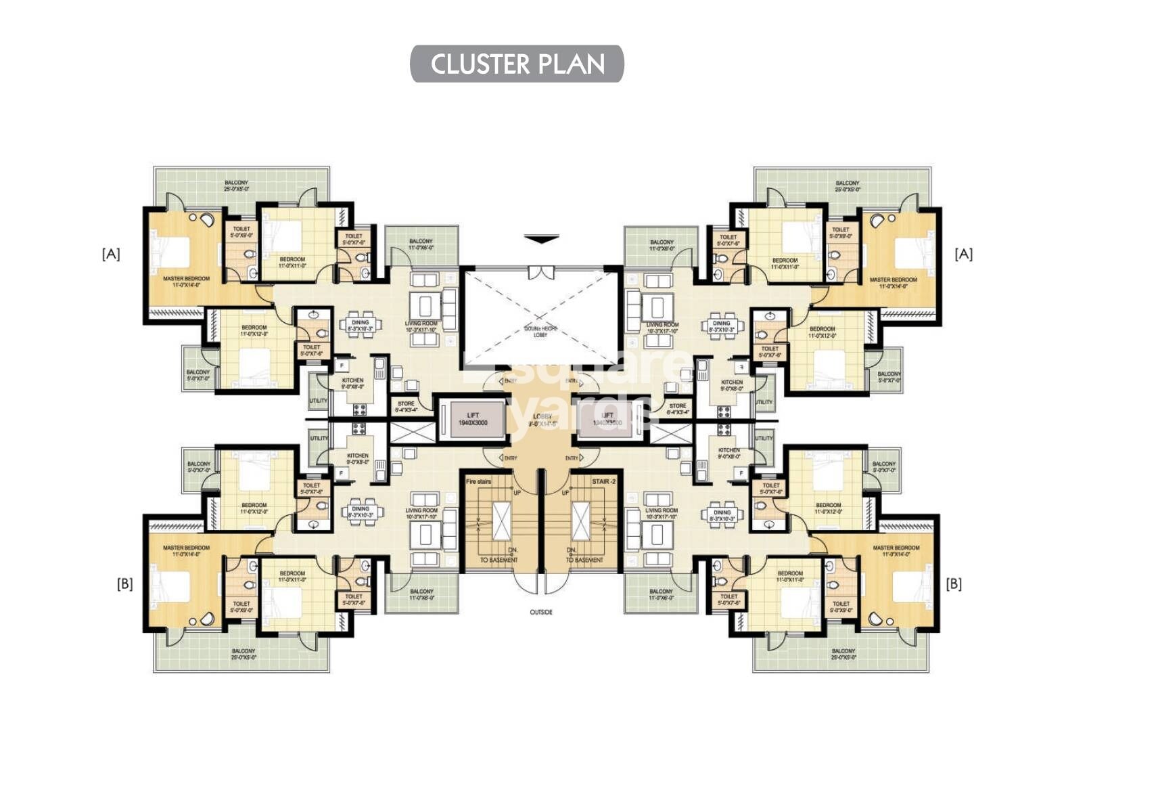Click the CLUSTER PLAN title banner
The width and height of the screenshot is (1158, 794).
[x=517, y=64]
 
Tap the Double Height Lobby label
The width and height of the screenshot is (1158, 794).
[x=540, y=332]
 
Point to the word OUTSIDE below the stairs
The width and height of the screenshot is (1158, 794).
[x=541, y=613]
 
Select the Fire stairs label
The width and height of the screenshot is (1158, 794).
[x=479, y=482]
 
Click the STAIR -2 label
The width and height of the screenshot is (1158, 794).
[x=604, y=482]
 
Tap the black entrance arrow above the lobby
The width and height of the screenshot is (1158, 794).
[x=542, y=239]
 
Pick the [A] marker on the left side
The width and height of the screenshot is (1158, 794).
[x=111, y=254]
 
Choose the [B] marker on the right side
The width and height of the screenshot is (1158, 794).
[x=954, y=583]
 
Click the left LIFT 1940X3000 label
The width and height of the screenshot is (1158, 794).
[x=473, y=419]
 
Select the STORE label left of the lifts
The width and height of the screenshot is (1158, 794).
[x=406, y=406]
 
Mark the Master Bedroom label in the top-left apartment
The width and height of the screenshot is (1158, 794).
[x=186, y=282]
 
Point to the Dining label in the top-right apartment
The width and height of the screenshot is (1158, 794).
[x=722, y=327]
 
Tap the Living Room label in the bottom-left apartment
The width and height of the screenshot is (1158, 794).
[x=421, y=514]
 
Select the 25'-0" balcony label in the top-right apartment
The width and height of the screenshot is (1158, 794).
[x=847, y=186]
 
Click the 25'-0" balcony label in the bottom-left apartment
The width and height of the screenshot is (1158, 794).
[x=244, y=654]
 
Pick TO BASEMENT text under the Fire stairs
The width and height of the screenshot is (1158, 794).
[x=499, y=560]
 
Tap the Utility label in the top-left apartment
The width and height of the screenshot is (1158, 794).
[x=319, y=401]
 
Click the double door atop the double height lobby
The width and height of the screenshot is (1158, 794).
[x=541, y=272]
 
